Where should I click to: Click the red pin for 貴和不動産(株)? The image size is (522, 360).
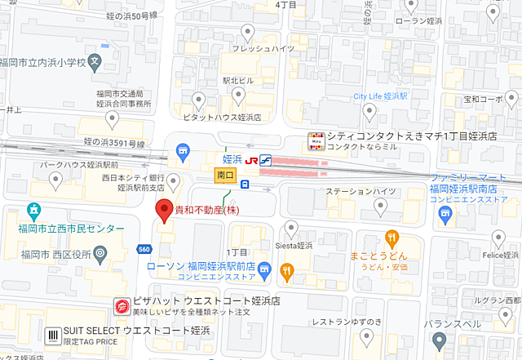[x=162, y=208]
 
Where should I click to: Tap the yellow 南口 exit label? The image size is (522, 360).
[x=225, y=175]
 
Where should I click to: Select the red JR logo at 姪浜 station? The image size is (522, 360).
[x=251, y=158]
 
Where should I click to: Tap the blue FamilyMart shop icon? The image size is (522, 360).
[x=445, y=214]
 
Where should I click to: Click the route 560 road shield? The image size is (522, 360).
[x=144, y=248]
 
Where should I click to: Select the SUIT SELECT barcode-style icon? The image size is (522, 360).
[x=53, y=335]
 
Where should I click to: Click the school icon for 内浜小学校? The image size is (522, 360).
[x=95, y=60]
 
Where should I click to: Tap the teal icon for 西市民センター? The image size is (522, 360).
[x=35, y=210]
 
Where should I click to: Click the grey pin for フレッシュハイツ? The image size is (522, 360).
[x=246, y=33]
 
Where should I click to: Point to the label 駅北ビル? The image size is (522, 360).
[x=238, y=81]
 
